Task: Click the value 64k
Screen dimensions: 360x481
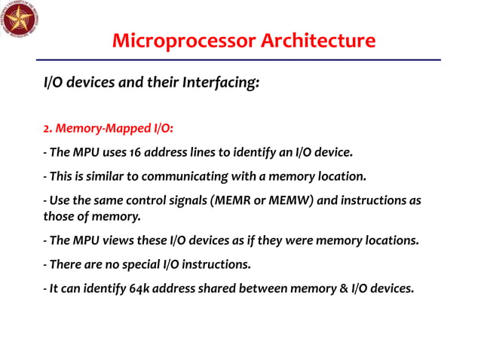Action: pos(131,288)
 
